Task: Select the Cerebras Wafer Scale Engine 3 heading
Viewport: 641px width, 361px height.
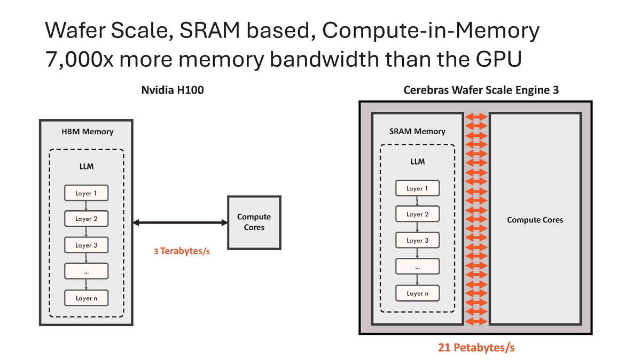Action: (481, 90)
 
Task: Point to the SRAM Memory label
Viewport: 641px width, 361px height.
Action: (418, 132)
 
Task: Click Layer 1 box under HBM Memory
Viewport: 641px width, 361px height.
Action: (86, 193)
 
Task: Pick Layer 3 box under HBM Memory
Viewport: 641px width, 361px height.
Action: (86, 245)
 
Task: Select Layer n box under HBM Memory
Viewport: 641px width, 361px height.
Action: (86, 298)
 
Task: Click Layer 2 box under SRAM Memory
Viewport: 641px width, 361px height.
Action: (417, 214)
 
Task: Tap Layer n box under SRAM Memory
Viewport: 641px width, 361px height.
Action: (417, 293)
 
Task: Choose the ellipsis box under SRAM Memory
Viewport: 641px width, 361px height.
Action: (417, 266)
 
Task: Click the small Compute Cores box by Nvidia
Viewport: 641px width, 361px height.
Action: (254, 222)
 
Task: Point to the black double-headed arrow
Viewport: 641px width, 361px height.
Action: (180, 222)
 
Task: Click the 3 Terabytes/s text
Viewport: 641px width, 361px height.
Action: (182, 250)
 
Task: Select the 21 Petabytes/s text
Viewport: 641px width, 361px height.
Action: (476, 348)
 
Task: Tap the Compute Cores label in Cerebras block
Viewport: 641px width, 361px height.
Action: (535, 220)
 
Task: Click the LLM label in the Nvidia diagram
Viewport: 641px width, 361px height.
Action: (86, 166)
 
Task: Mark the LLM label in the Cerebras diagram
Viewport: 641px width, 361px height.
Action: (417, 162)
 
